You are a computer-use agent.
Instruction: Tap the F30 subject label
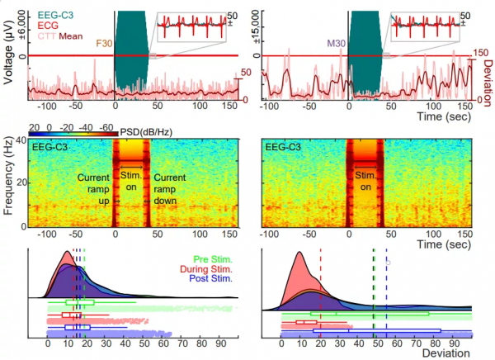pyautogui.click(x=105, y=42)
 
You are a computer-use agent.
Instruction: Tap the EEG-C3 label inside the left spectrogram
pyautogui.click(x=50, y=147)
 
